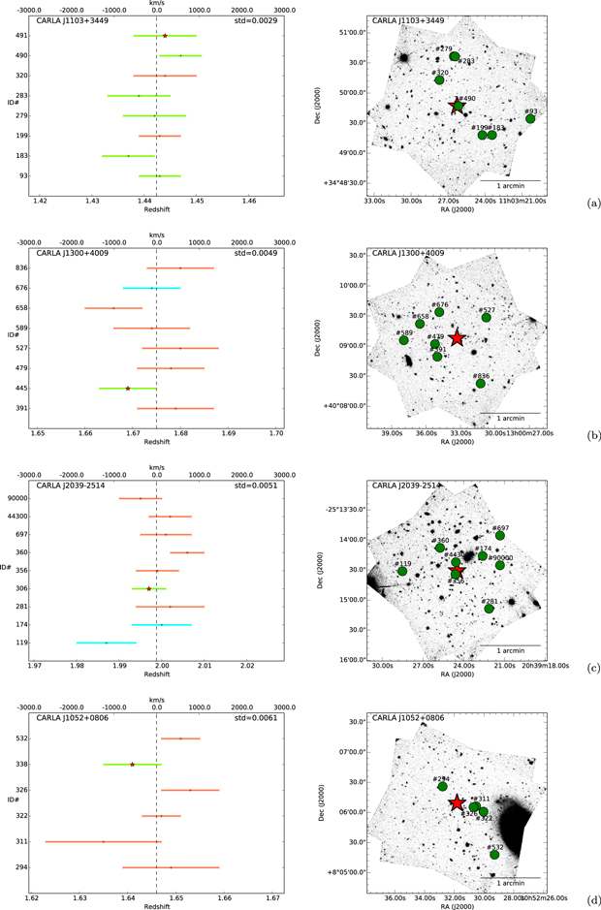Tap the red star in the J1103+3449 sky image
[457, 106]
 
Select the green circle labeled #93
[530, 118]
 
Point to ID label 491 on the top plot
[21, 36]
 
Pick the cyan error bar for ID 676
[151, 288]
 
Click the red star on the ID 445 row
[128, 389]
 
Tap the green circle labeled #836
[481, 384]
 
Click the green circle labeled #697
[500, 536]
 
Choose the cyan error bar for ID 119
[107, 643]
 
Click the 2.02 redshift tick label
[246, 666]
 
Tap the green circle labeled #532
[494, 855]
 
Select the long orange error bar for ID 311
[103, 841]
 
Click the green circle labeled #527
[486, 318]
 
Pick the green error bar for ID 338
[133, 765]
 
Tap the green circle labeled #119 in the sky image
[402, 572]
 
